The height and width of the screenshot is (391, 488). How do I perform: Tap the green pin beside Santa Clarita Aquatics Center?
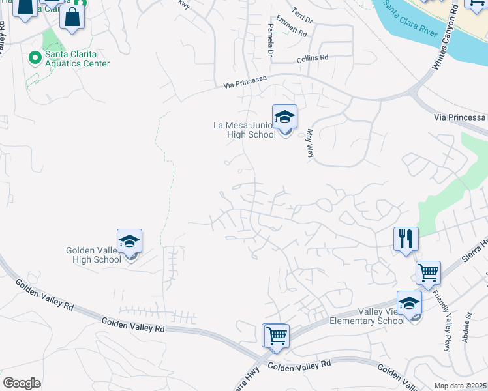(x=35, y=59)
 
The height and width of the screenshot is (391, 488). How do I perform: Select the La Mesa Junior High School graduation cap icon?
(x=284, y=117)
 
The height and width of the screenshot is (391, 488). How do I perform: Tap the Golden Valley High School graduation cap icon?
(x=130, y=242)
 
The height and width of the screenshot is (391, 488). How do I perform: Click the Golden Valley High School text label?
(x=94, y=255)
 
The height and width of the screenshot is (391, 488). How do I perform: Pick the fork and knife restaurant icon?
(x=406, y=239)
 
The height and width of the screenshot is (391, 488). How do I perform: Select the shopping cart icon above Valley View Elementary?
(x=428, y=273)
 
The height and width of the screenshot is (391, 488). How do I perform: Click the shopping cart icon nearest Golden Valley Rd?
(x=275, y=336)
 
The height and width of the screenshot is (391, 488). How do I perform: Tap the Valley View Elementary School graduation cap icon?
(x=409, y=303)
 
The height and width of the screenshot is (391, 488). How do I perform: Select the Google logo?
(x=22, y=383)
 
